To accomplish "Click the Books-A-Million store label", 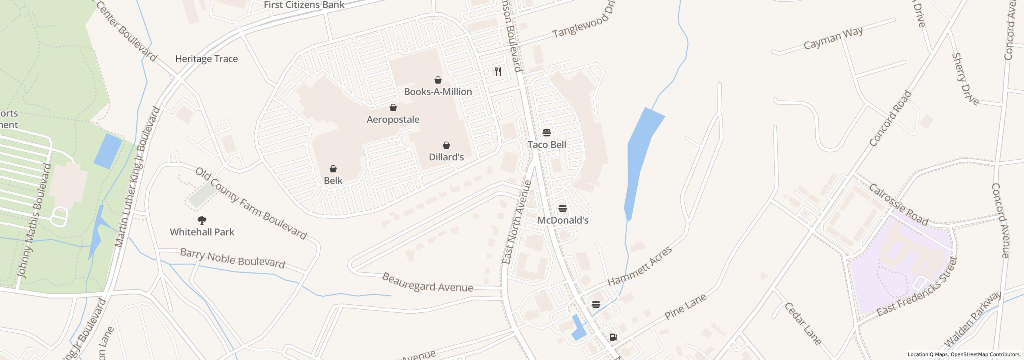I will coord(438,92).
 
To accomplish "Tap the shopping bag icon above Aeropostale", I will coord(393,108).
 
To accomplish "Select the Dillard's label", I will coord(446,157).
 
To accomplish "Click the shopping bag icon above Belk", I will coord(333,169).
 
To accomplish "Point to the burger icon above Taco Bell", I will coord(547,132).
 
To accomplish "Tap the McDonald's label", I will coord(562,220).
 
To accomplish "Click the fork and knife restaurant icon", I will coord(498,72).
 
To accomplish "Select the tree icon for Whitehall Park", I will coord(202,220).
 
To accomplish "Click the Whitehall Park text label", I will coord(202,232).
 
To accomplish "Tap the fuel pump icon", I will coord(613,337).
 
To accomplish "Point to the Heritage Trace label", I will coord(206,59).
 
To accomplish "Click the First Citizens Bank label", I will coord(304,5).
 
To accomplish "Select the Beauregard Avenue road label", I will coord(427,283).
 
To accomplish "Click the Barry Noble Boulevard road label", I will coord(232,258).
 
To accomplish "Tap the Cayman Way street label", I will coord(833,38).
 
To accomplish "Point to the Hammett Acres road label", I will coord(640,266).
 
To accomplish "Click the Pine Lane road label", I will coord(685,306).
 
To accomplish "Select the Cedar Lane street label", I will coord(802,324).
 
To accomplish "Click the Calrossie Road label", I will coord(898,205).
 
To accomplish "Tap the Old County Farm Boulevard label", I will coord(251,204).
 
